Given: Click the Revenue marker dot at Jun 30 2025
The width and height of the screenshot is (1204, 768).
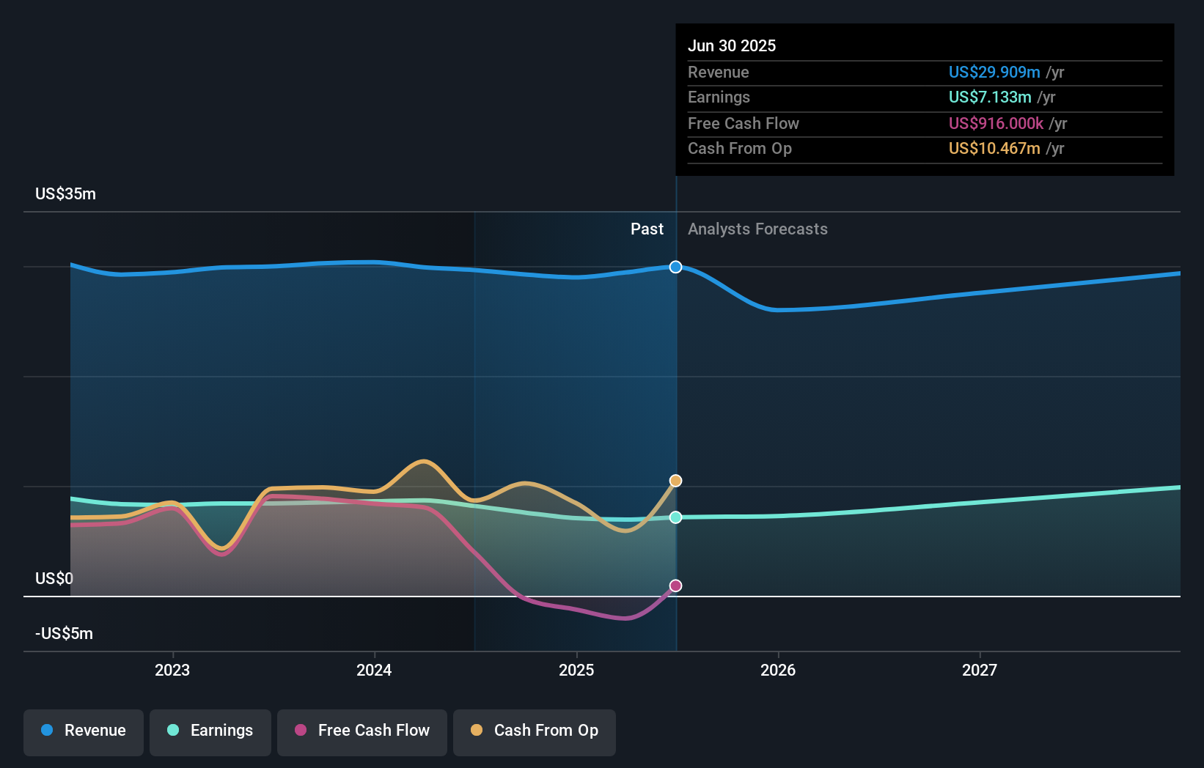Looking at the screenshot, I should (x=675, y=267).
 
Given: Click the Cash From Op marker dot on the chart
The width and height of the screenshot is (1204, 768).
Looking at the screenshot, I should (x=675, y=481).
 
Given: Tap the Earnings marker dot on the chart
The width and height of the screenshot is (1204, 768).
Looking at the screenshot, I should (x=675, y=517).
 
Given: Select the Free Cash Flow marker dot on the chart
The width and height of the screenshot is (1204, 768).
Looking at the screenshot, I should (x=675, y=586).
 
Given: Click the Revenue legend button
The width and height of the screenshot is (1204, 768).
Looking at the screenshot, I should (x=84, y=731).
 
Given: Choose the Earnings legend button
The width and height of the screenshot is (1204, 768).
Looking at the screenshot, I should (x=210, y=731).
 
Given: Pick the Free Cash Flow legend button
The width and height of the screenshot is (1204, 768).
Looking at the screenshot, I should (x=362, y=731).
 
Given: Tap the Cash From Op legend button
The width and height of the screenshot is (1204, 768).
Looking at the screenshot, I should (x=535, y=731).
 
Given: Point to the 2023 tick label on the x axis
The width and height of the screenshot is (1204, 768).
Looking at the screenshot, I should (x=172, y=670).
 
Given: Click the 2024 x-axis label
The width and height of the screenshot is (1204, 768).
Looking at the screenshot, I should (x=374, y=670).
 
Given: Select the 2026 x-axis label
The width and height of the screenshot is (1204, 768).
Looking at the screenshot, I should (x=778, y=670).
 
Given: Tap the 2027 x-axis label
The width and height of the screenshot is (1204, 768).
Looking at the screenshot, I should (x=980, y=670).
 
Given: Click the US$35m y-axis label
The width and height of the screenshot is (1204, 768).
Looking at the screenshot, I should (x=65, y=193).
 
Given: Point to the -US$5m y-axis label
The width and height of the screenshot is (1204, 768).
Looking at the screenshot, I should (x=64, y=633).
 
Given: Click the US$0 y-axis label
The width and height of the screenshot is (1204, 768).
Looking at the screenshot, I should (x=54, y=578).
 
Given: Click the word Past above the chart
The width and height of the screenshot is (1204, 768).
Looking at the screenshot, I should (x=647, y=229).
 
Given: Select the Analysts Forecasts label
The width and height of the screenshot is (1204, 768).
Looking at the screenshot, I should (x=757, y=229).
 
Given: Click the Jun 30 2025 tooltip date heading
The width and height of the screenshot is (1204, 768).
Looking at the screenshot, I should (x=731, y=45).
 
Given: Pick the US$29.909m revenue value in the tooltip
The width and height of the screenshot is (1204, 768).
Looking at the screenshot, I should (x=994, y=72).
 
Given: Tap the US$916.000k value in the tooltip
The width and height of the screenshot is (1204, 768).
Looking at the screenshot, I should (x=995, y=123).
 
